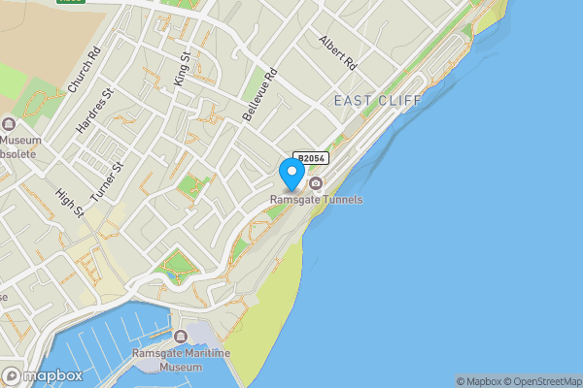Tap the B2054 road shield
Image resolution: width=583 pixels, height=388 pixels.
[311, 158]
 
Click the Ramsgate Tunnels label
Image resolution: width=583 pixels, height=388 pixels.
[317, 200]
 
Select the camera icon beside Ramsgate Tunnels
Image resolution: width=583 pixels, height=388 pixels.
[316, 184]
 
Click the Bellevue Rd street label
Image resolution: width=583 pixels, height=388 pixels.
[260, 94]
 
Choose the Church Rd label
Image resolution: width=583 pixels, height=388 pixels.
[85, 70]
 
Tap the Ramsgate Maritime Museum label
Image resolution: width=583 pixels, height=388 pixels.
[183, 360]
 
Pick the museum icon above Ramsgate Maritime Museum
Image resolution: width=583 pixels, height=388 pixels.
[182, 337]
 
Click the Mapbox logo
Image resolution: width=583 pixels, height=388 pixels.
[42, 376]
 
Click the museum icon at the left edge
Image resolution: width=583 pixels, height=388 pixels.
[9, 124]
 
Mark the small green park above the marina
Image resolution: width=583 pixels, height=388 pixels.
[177, 262]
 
